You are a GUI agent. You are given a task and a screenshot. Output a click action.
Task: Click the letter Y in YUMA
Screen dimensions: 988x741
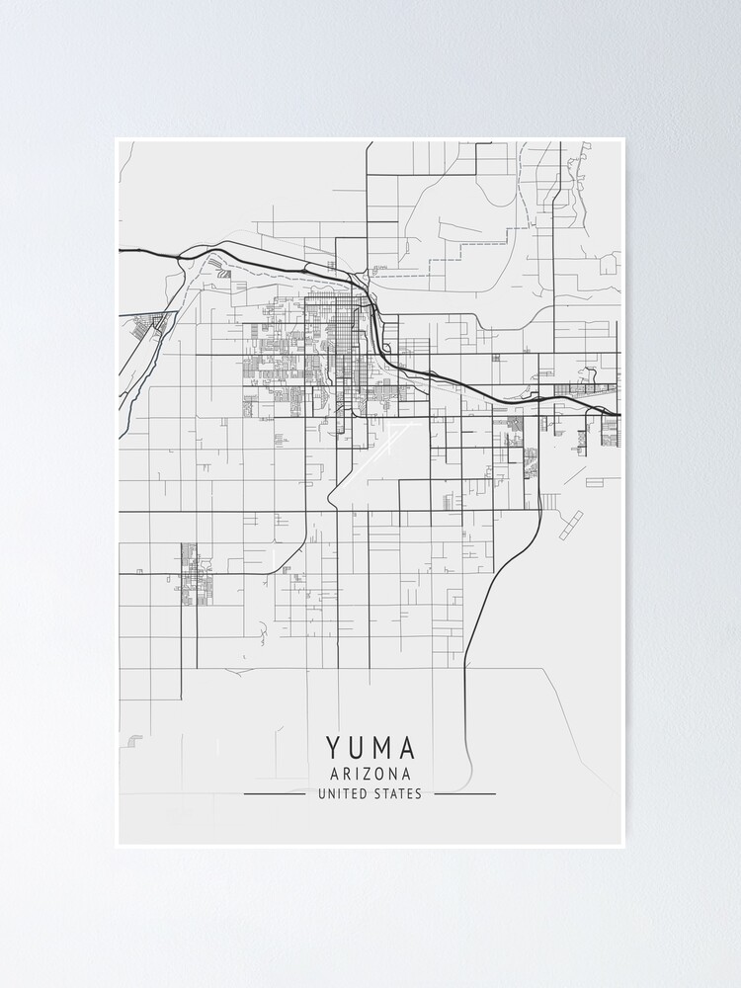point(331,748)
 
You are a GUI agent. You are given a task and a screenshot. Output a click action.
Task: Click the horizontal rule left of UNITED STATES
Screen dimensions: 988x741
point(274,793)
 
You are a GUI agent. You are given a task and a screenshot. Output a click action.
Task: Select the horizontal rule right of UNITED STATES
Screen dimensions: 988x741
point(464,793)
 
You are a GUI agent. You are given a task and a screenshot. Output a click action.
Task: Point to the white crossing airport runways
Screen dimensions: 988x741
point(387,440)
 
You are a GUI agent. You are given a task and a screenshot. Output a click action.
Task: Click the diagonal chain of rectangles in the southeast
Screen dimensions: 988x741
point(572,526)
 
